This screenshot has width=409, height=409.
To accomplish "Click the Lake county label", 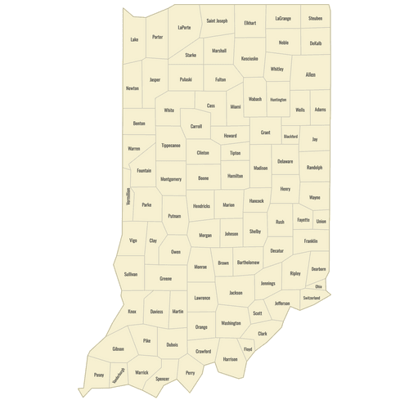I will tap(134, 38).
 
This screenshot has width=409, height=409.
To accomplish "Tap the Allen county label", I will tap(310, 74).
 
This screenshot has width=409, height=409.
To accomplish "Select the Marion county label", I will tap(228, 204).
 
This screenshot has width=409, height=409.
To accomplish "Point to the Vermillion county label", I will tap(128, 197).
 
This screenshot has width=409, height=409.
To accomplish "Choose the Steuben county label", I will tap(315, 17).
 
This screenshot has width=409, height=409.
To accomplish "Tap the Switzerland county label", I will tap(311, 298).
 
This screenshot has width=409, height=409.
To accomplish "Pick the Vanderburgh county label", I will tap(119, 375).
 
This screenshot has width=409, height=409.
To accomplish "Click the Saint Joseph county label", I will tap(217, 20).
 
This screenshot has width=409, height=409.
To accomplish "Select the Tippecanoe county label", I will tap(170, 145).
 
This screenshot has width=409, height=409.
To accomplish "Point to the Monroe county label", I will tap(200, 267).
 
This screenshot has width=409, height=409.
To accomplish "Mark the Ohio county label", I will tap(318, 286).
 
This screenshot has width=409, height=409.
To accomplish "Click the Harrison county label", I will tap(230, 358).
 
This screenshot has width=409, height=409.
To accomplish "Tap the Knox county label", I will tap(132, 311).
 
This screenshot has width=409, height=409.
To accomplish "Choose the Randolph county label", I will tap(314, 167).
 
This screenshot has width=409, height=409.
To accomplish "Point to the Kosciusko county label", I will tap(249, 58).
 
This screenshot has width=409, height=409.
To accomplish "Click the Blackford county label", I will tap(290, 137).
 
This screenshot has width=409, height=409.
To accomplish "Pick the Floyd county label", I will tap(248, 349).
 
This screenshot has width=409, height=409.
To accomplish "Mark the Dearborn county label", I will tap(318, 268).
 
